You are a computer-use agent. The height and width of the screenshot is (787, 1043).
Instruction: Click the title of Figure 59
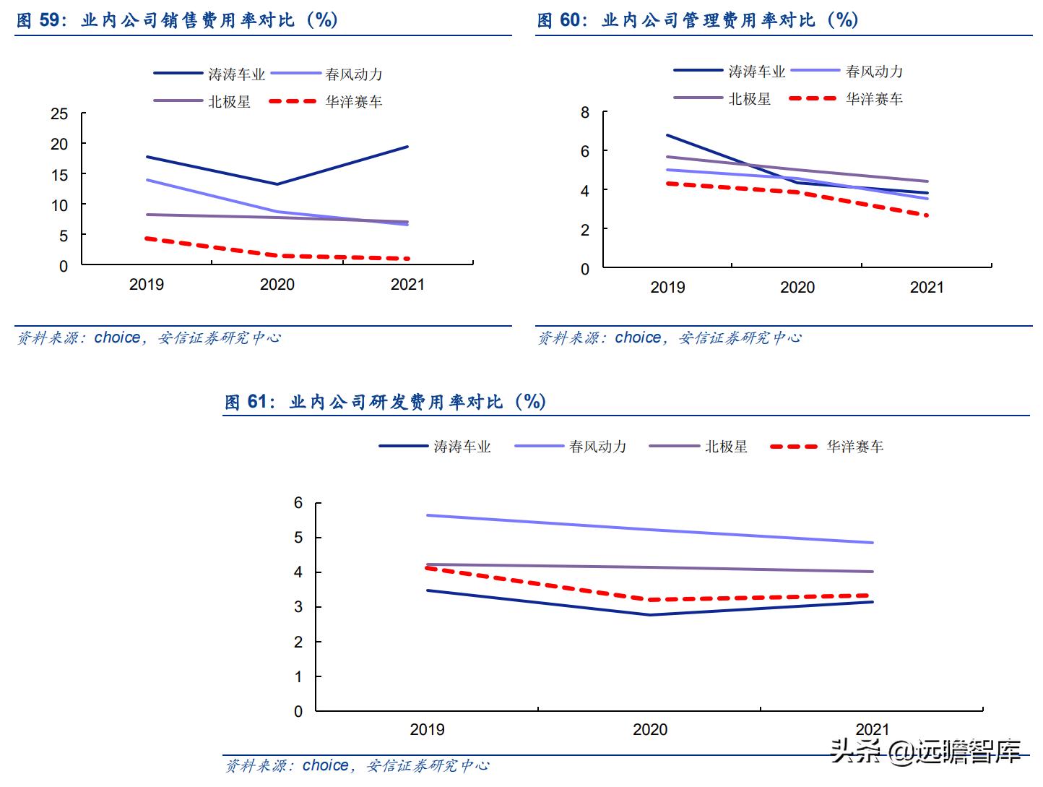click(177, 20)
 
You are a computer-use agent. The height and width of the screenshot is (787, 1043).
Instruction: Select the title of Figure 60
click(697, 20)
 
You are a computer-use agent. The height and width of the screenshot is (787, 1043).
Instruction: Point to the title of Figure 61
click(385, 401)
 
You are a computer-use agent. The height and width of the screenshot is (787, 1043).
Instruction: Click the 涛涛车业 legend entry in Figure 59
click(210, 74)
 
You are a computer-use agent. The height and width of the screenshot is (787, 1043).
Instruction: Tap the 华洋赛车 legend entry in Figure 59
click(326, 102)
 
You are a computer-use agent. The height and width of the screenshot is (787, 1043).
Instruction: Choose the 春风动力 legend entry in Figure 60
click(847, 71)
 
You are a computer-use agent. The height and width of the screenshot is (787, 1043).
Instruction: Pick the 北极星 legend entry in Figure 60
click(723, 98)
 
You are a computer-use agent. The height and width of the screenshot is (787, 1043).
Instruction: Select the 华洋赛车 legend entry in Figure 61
click(827, 447)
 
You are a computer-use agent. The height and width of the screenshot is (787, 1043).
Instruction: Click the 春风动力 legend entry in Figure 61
click(571, 447)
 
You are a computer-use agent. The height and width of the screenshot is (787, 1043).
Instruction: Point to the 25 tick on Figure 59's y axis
click(59, 113)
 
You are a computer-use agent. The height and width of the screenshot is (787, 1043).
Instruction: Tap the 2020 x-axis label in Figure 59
click(277, 285)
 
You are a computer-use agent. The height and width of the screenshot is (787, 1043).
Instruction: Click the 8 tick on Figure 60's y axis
click(585, 112)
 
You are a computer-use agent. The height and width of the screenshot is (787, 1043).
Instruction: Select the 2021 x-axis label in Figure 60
click(927, 288)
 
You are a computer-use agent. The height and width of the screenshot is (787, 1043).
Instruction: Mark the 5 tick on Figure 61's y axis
click(298, 538)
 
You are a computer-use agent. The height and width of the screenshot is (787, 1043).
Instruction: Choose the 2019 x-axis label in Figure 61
click(428, 729)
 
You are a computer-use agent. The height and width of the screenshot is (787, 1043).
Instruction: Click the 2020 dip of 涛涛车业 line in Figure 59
click(277, 184)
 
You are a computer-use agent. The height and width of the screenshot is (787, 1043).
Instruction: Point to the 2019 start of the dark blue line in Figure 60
click(667, 135)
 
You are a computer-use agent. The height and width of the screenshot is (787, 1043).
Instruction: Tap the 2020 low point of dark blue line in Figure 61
click(650, 615)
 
